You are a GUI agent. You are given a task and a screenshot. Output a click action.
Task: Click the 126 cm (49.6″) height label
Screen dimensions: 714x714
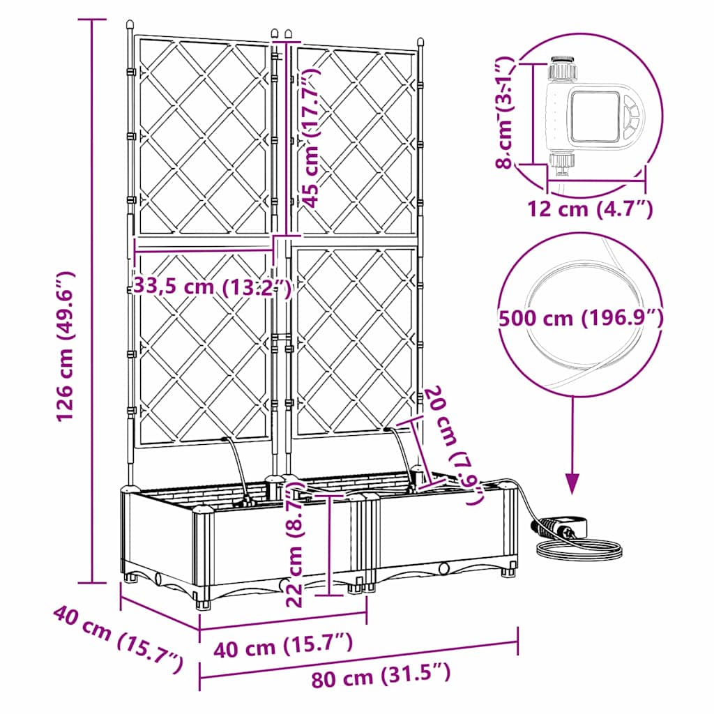[x=66, y=347]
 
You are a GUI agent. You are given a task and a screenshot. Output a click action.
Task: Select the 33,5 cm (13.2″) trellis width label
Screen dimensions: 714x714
[x=211, y=286]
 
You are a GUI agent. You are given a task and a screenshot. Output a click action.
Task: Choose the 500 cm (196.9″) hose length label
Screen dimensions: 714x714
[x=580, y=318]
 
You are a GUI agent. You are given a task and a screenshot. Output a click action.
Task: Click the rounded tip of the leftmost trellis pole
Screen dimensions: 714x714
[x=129, y=26]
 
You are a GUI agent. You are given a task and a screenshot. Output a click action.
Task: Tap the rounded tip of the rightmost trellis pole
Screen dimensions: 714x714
[x=420, y=41]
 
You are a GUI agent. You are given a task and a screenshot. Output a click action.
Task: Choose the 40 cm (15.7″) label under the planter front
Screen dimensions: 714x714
[x=282, y=647]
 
